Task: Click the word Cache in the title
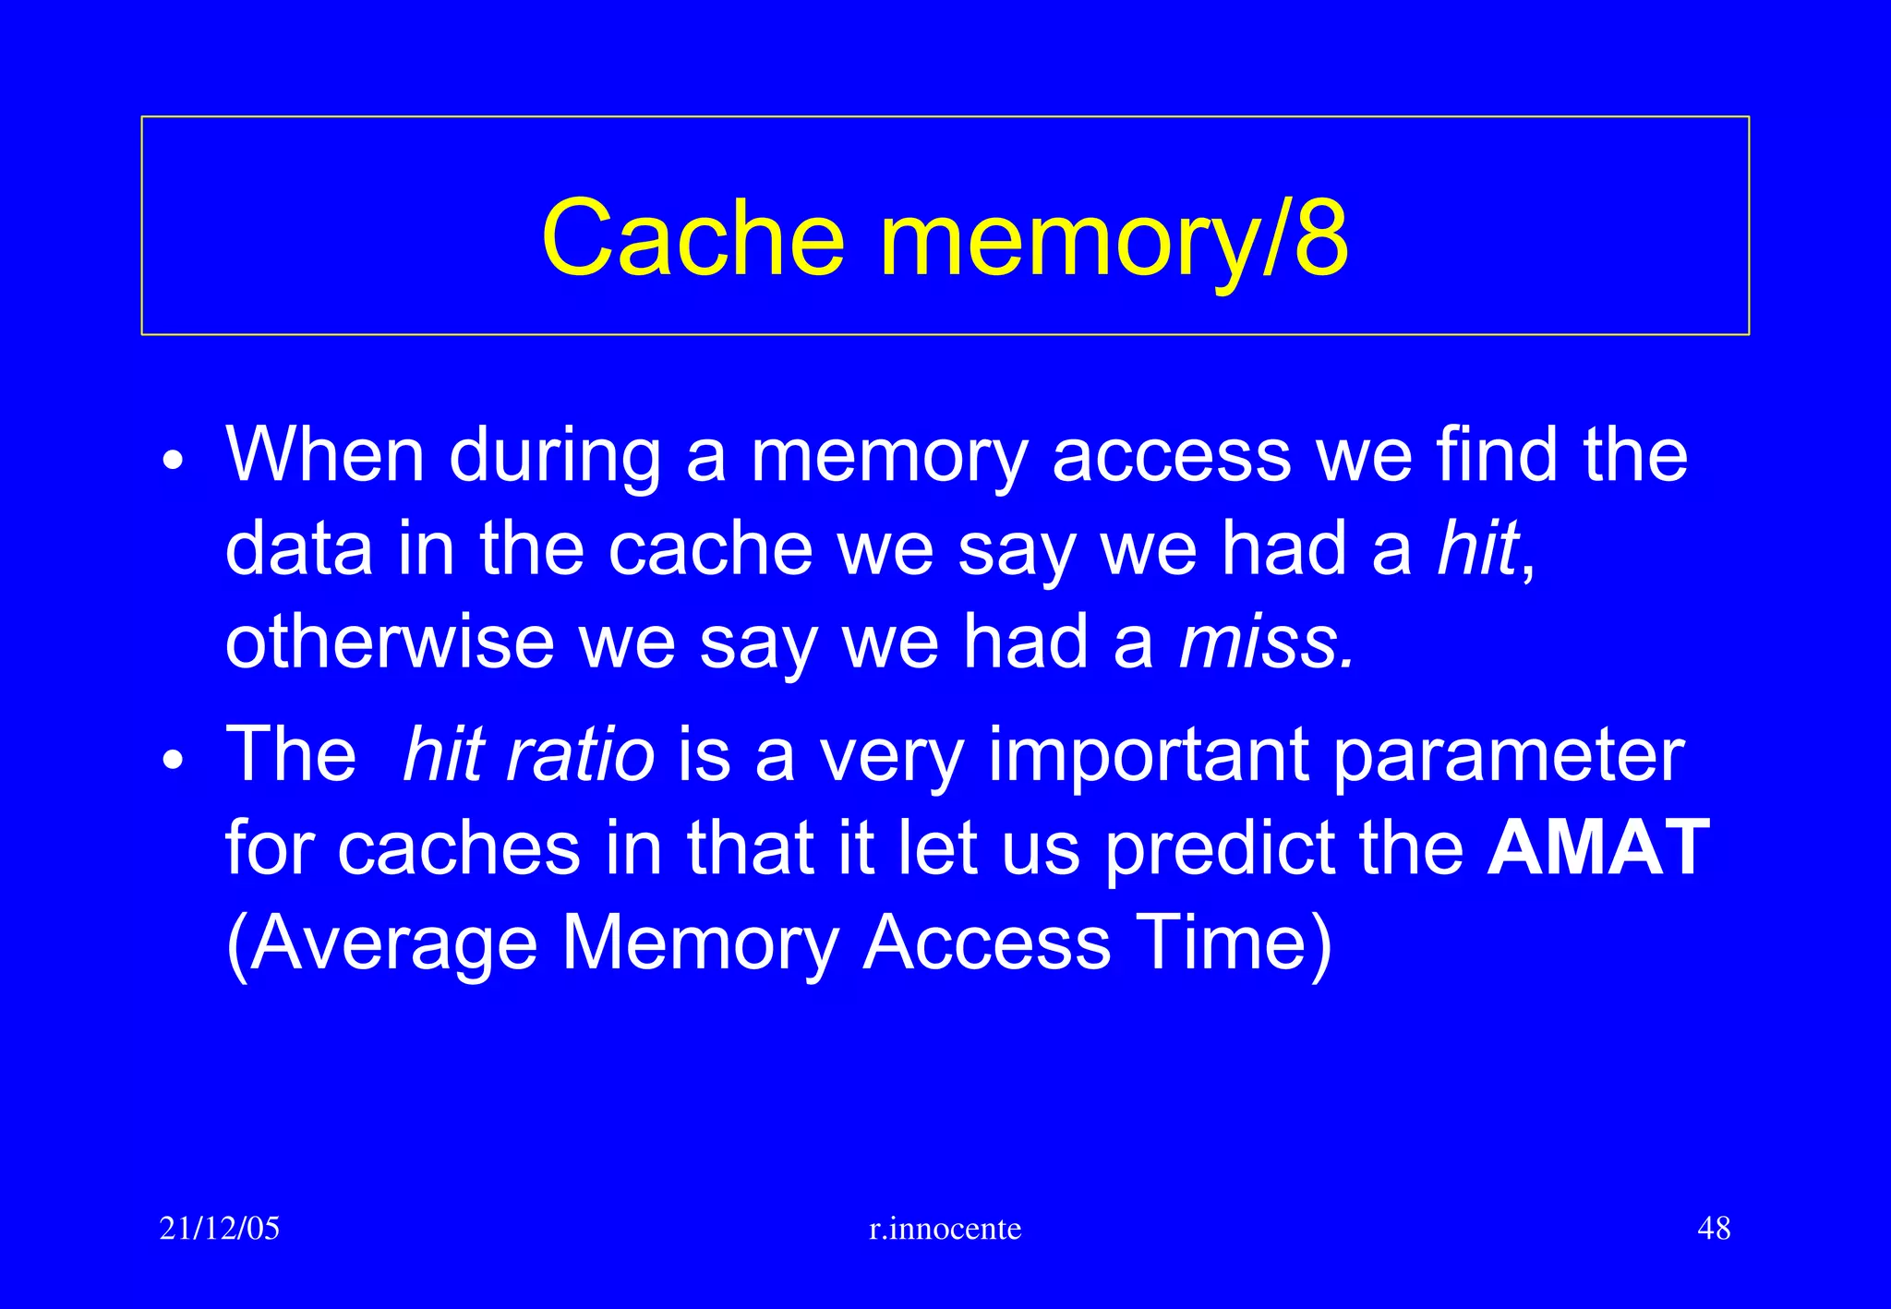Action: coord(693,238)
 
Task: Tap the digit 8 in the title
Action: coord(1320,238)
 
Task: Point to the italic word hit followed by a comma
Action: coord(1479,548)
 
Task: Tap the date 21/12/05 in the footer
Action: coord(220,1229)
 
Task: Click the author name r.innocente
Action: coord(945,1229)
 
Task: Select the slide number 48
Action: coord(1714,1229)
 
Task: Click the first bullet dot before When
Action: coord(173,460)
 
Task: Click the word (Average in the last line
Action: coord(381,943)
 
